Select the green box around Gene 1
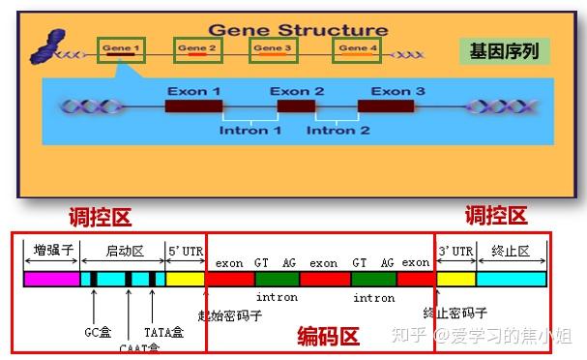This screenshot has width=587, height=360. (122, 49)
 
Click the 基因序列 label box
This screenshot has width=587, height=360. (504, 49)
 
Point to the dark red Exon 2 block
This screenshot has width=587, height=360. (296, 106)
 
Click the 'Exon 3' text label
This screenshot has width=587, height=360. (398, 91)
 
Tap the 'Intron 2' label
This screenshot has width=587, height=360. (338, 131)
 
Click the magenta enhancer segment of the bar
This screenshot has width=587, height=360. (50, 279)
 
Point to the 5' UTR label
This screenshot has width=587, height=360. (186, 251)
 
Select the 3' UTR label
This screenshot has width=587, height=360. (455, 251)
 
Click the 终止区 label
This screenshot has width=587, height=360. (511, 251)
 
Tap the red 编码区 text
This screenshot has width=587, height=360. (328, 338)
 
